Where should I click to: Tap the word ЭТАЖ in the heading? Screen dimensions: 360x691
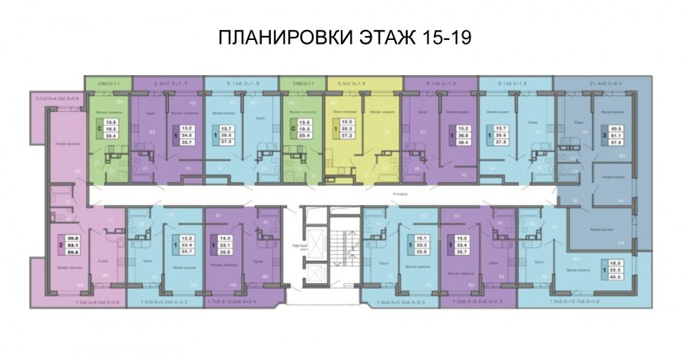388,38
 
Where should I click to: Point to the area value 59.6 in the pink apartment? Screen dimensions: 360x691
74,250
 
